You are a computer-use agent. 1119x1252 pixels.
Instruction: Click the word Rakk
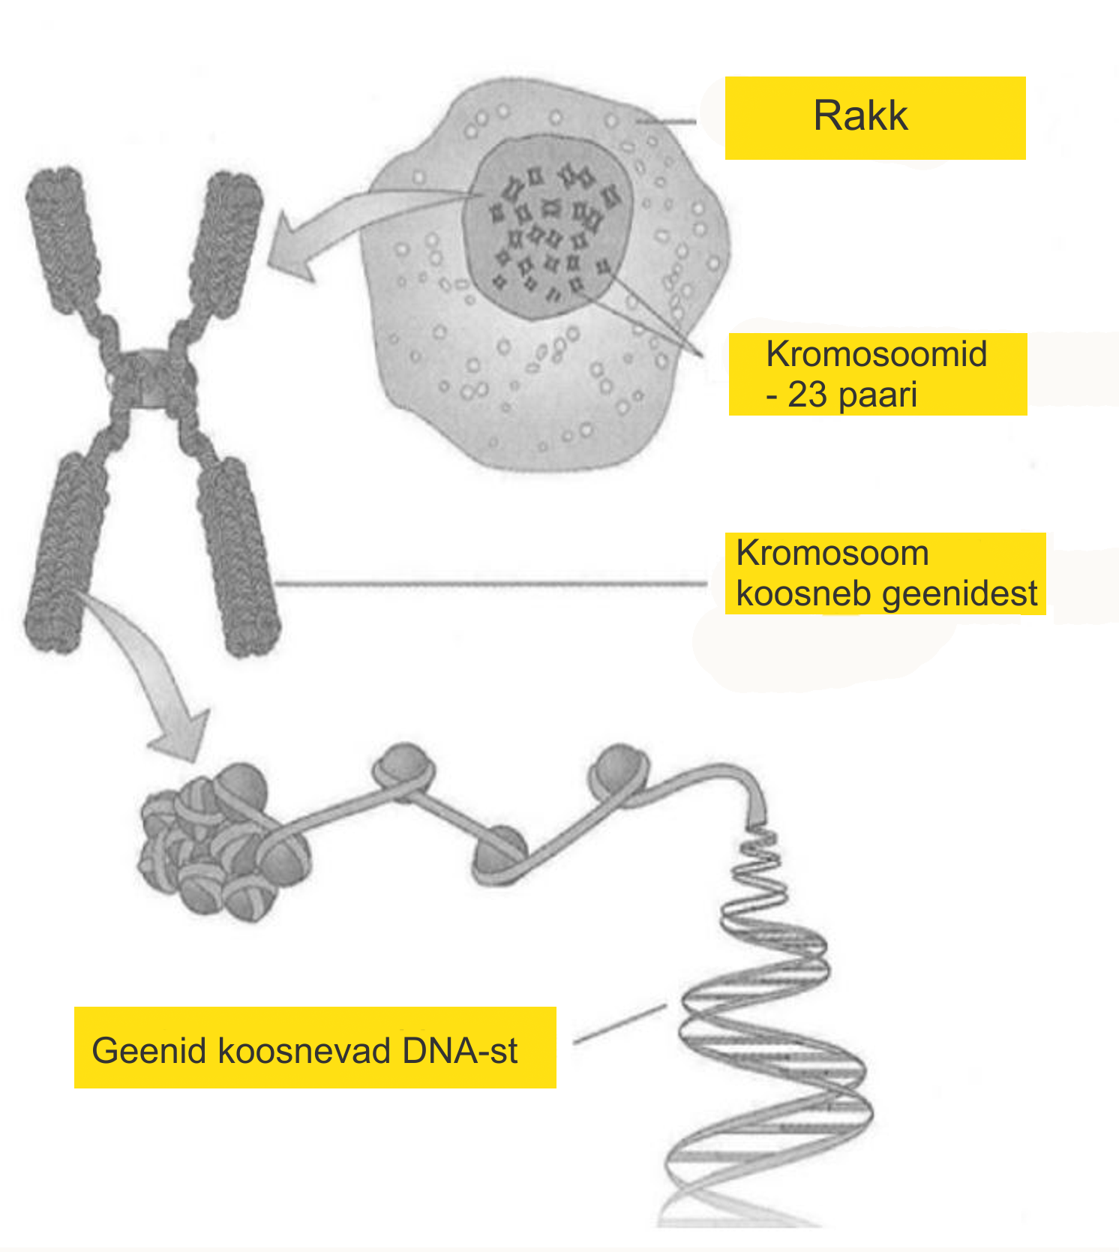861,116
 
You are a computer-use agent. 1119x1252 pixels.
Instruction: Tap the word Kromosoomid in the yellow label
876,354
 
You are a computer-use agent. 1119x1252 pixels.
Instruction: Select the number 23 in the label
808,395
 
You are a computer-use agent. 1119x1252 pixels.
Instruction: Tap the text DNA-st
460,1051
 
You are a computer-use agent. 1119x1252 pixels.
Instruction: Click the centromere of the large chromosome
151,379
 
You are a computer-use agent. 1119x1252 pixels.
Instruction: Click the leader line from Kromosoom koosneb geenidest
491,583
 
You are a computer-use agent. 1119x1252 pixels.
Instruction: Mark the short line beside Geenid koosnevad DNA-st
619,1024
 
